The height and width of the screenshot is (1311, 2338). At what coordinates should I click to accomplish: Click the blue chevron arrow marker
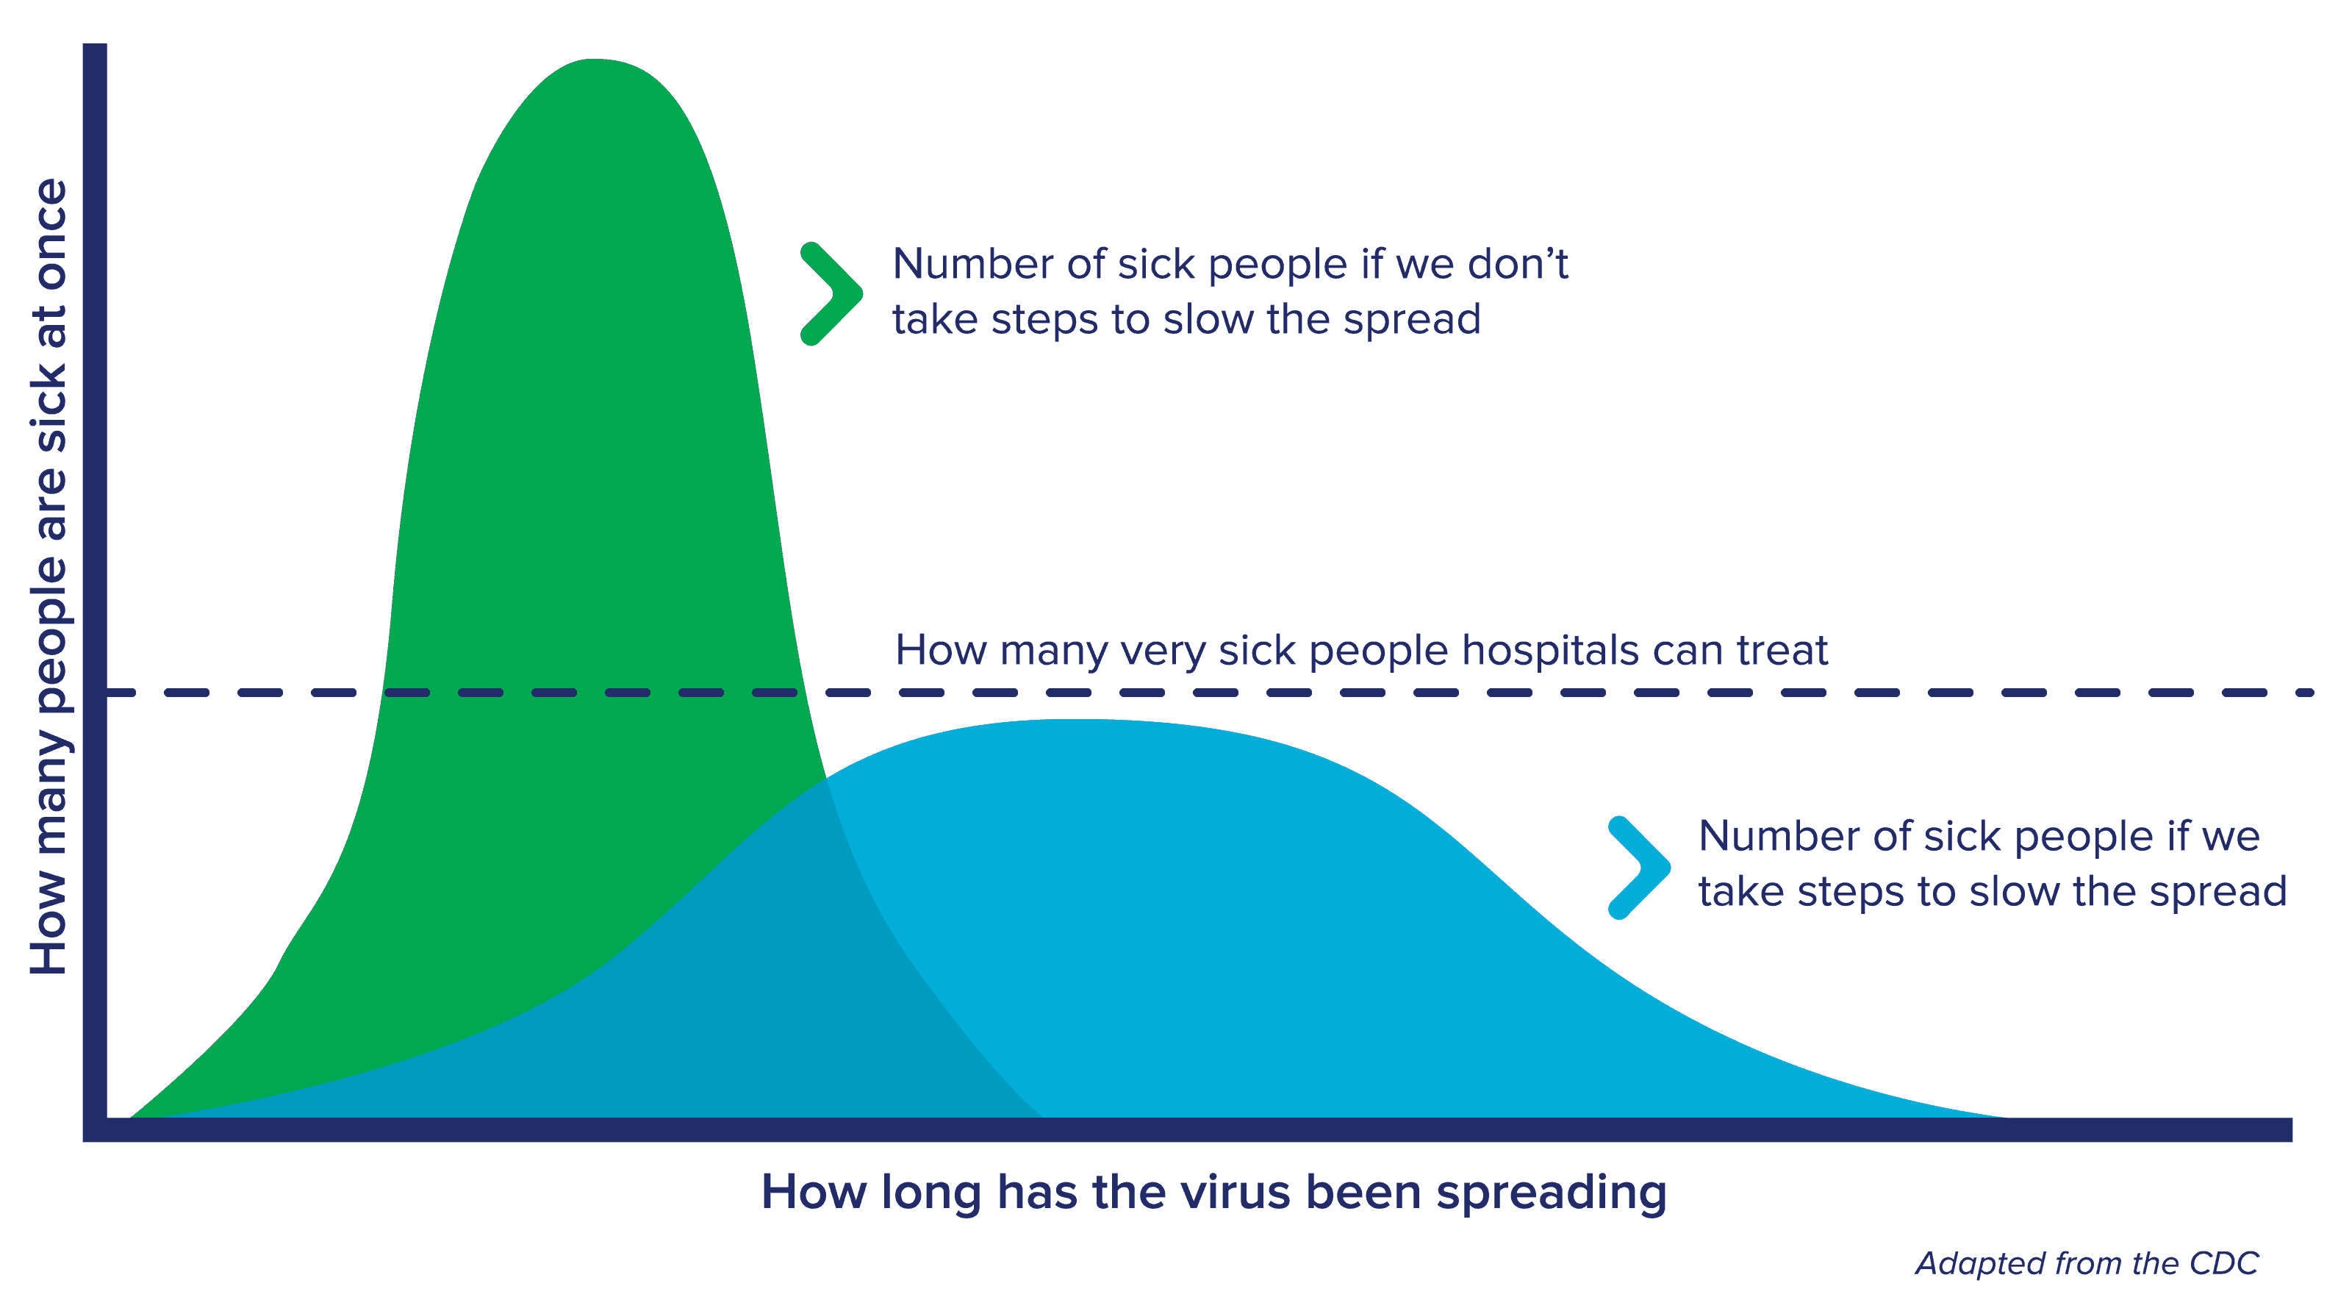pos(1639,867)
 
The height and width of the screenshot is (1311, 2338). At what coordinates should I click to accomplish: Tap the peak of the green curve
pos(595,60)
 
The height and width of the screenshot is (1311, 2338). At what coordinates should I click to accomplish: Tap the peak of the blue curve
pos(1080,720)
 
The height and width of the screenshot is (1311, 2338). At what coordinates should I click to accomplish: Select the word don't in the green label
pos(1518,264)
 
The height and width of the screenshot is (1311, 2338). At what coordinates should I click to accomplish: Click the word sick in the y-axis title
pos(50,407)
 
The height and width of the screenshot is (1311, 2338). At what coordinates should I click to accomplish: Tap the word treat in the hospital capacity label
pos(1782,650)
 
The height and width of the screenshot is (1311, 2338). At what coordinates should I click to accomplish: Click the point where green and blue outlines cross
pos(826,779)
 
